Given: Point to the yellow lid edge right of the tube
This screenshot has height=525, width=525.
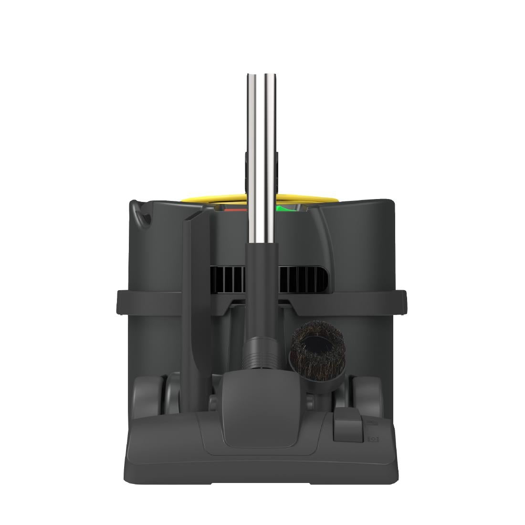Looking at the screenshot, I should [x=305, y=197].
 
